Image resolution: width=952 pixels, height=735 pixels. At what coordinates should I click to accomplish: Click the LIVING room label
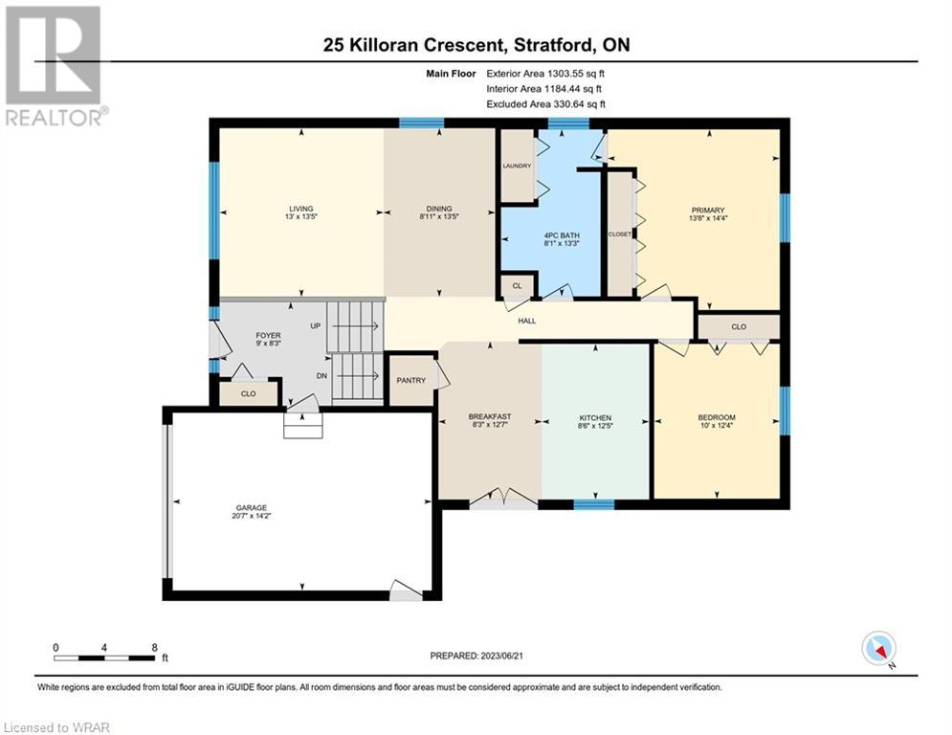point(301,209)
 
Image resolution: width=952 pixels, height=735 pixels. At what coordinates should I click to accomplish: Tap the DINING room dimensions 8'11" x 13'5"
point(439,216)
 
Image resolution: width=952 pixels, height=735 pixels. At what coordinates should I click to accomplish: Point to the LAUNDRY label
point(517,166)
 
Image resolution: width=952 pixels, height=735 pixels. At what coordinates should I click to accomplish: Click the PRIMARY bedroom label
point(707,211)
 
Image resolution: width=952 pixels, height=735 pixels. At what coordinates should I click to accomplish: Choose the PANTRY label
point(411,380)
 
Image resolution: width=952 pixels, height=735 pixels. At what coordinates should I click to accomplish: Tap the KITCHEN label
point(595,418)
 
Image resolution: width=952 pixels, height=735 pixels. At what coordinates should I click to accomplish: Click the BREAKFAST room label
point(490,416)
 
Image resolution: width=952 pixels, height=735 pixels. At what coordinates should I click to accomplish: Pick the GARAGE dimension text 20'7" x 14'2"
point(252,516)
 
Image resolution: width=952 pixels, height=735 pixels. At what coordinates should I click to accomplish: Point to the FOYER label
point(268,335)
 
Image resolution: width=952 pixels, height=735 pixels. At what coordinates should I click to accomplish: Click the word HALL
point(527,321)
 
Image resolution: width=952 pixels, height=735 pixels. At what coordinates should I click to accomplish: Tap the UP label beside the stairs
point(315,325)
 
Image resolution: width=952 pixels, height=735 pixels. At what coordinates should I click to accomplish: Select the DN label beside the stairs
point(321,376)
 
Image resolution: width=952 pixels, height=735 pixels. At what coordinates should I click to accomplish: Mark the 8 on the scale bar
point(155,648)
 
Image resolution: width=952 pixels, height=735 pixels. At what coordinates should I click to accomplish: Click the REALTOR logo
point(55,66)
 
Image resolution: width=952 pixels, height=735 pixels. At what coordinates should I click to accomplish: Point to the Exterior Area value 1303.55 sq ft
point(576,74)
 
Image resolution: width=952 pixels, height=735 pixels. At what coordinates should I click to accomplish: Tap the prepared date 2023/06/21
point(502,656)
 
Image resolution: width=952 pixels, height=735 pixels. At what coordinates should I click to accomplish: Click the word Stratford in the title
point(554,45)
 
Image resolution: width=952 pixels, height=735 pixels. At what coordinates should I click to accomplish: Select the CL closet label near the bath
point(518,285)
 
